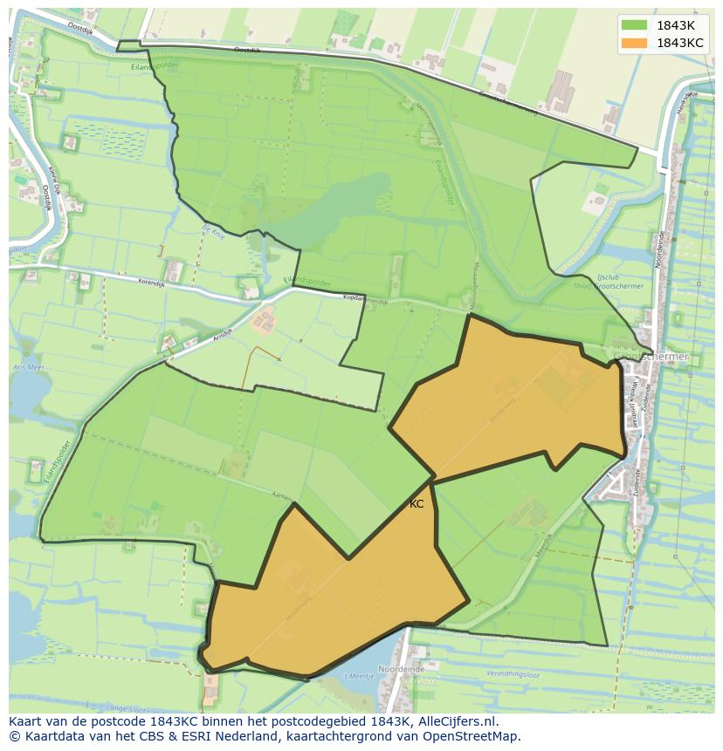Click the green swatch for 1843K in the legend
pyautogui.click(x=635, y=24)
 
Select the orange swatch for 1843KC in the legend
pyautogui.click(x=635, y=43)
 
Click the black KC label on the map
pyautogui.click(x=417, y=504)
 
